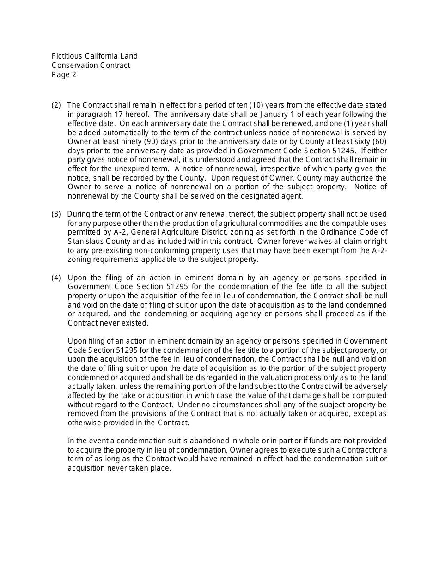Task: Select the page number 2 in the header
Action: point(74,74)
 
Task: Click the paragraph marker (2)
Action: point(56,105)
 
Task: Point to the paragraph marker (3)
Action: point(56,214)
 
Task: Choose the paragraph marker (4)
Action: point(56,278)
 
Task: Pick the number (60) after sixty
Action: point(378,142)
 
